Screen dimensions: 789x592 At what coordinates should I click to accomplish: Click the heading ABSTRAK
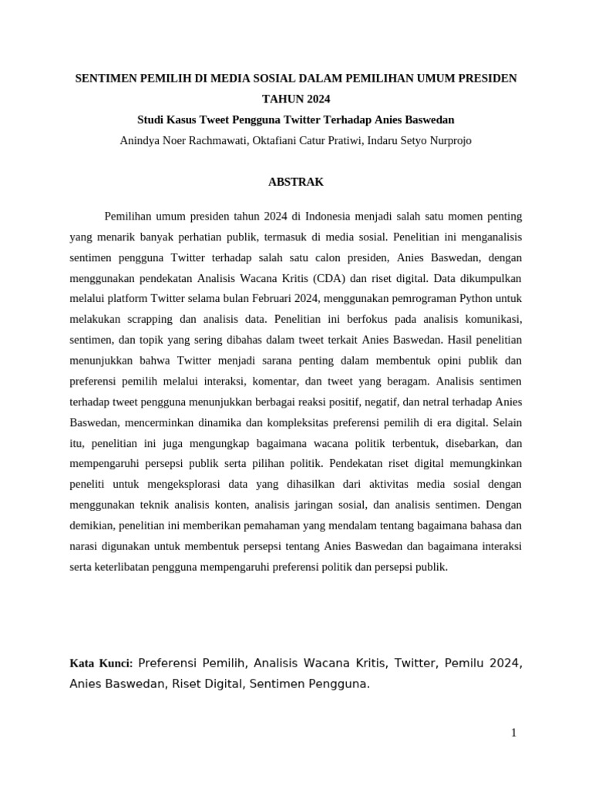tap(295, 183)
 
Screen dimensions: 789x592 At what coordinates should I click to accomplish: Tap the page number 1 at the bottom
tap(513, 733)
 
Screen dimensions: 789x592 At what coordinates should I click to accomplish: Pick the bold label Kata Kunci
tap(101, 663)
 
